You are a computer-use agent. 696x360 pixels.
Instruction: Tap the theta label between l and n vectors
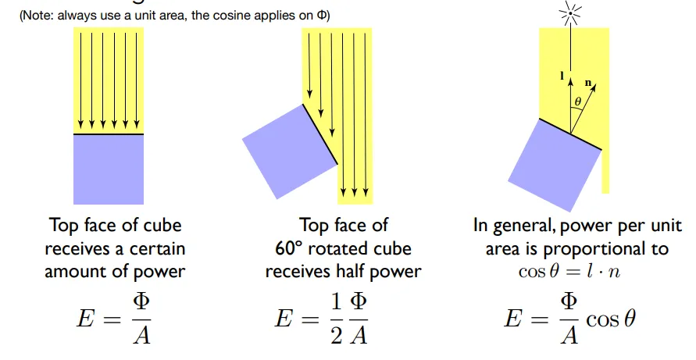(577, 102)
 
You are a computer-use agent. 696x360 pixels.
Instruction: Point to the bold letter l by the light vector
(562, 76)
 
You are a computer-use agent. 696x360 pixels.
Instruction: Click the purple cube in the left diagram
(108, 169)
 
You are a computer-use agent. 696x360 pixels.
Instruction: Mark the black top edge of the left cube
(108, 134)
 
